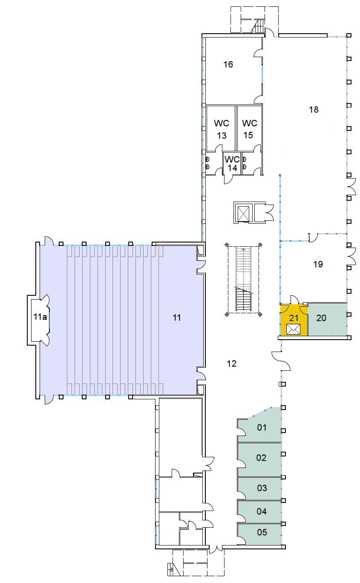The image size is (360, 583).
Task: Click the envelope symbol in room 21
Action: click(x=293, y=329)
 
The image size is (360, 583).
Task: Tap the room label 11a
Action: click(x=40, y=317)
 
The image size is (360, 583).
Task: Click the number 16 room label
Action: click(x=228, y=64)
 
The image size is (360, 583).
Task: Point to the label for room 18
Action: click(x=314, y=110)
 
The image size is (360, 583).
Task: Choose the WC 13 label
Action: click(x=222, y=129)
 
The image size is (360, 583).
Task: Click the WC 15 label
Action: click(x=249, y=129)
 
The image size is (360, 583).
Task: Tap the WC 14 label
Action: click(x=232, y=164)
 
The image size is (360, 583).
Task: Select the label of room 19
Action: click(x=318, y=264)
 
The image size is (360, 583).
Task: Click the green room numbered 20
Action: click(x=327, y=319)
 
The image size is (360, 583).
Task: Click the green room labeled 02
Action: click(x=259, y=460)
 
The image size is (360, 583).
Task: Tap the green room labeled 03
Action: click(x=259, y=488)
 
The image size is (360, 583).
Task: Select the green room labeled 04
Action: click(x=259, y=511)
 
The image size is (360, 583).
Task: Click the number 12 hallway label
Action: click(x=231, y=364)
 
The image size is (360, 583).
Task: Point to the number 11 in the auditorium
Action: click(x=177, y=317)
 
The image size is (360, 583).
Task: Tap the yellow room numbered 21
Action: click(x=294, y=320)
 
